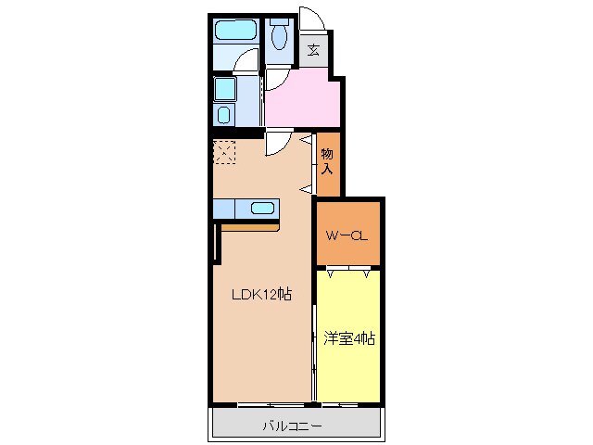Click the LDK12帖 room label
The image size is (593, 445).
(x=262, y=294)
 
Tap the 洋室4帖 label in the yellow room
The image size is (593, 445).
(x=349, y=339)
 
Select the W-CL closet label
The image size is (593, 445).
(x=347, y=235)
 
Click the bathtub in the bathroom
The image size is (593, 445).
(x=237, y=32)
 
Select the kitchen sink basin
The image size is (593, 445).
(x=260, y=209)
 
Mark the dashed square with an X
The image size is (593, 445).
(x=225, y=152)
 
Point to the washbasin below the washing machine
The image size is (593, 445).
(x=224, y=115)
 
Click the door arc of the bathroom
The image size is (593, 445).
(x=246, y=63)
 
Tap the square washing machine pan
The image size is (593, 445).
(x=225, y=89)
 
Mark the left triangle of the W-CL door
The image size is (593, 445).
(x=330, y=273)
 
